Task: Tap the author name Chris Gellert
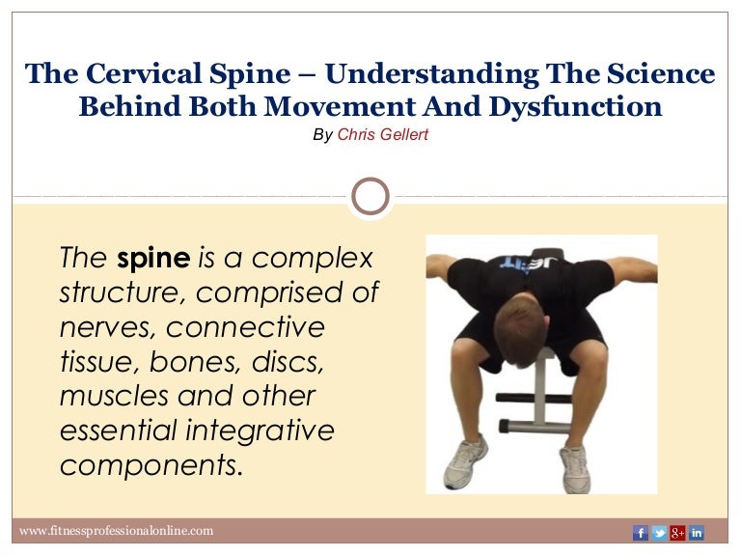[383, 135]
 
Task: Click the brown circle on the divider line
[370, 196]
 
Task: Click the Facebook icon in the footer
[641, 532]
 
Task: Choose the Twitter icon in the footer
[659, 532]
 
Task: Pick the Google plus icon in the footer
[677, 532]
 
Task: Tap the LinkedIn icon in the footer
[696, 532]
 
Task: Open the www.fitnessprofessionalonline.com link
[117, 531]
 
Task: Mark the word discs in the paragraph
[285, 362]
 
